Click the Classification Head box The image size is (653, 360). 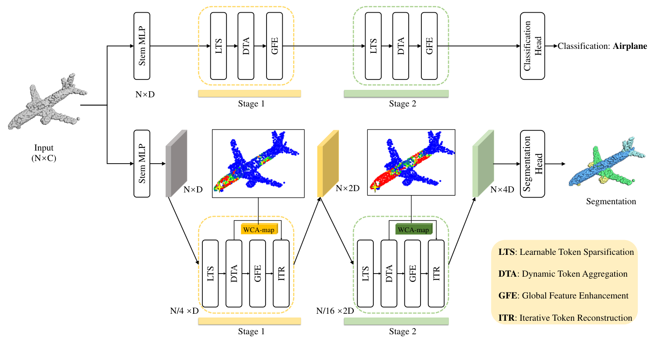[532, 46]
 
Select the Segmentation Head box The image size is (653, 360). [532, 164]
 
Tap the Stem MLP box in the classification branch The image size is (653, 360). [142, 46]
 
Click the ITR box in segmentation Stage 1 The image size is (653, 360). [281, 274]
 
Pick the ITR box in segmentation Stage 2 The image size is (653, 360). [436, 274]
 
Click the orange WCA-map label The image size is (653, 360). [259, 230]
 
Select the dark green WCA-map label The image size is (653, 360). [414, 230]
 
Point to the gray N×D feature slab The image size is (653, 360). [176, 164]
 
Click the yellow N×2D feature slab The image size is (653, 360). [328, 164]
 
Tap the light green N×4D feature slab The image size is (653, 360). [483, 164]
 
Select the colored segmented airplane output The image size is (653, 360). [606, 164]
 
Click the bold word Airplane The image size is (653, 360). [630, 46]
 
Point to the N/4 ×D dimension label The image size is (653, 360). [184, 311]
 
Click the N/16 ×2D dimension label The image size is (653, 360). [335, 311]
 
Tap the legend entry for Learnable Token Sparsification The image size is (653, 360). [566, 252]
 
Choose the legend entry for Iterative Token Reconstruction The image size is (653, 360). [565, 318]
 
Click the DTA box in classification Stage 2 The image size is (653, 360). [400, 46]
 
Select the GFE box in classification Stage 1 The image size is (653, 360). [274, 46]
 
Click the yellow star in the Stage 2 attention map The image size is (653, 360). [375, 187]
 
